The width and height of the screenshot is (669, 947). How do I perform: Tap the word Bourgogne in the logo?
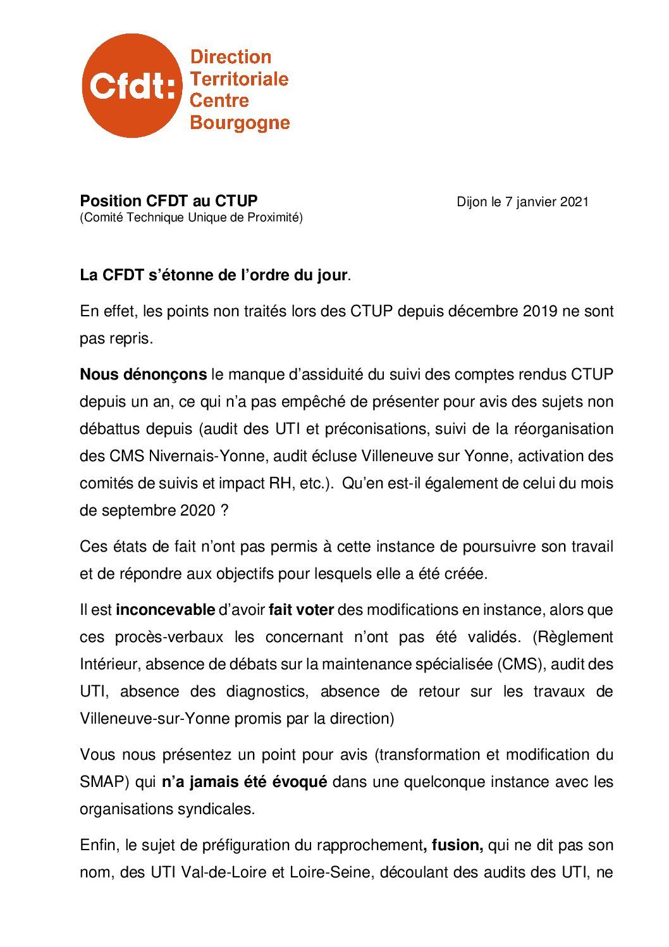point(240,122)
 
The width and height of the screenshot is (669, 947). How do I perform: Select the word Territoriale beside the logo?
point(239,79)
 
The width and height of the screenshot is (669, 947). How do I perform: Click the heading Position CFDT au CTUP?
point(168,201)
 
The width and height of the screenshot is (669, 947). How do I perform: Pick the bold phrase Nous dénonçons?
point(143,374)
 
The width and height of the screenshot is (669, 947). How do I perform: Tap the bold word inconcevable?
point(165,610)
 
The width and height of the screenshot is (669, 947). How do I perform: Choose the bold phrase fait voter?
point(300,610)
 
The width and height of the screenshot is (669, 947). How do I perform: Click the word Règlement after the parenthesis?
point(576,637)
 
